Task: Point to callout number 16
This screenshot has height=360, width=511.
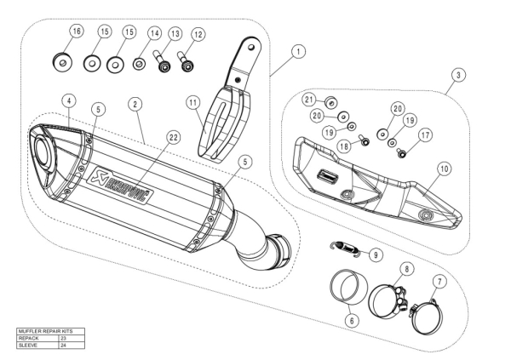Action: coord(76,32)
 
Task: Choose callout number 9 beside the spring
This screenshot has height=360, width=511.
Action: coord(376,254)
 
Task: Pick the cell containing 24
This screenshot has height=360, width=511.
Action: coord(64,344)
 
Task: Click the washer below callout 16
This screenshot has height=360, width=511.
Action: coord(60,61)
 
